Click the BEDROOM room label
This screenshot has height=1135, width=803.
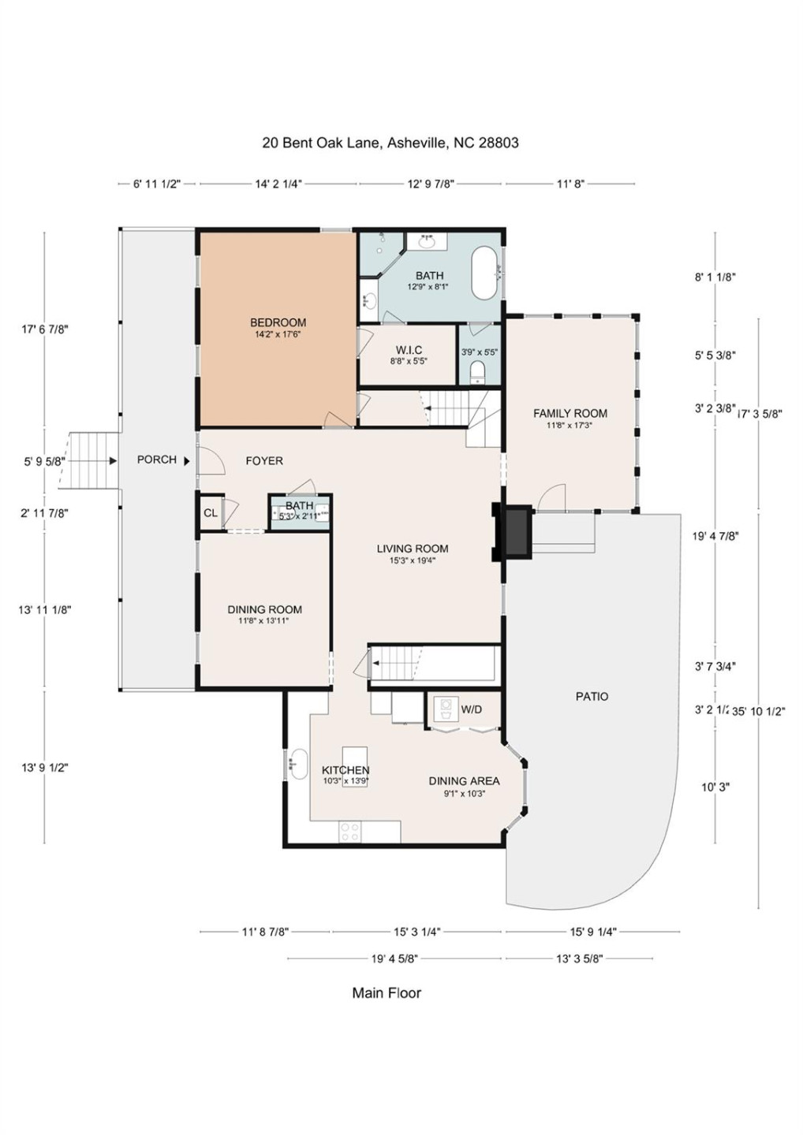click(278, 322)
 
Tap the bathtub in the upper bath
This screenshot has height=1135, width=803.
click(484, 273)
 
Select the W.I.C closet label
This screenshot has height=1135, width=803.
click(409, 350)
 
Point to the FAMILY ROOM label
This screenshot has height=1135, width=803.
click(570, 413)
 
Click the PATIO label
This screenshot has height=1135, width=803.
click(592, 697)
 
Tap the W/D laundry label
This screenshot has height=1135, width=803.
click(471, 709)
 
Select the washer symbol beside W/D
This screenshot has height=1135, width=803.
click(446, 708)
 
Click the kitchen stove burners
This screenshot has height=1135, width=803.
click(350, 831)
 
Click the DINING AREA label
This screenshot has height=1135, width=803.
click(464, 781)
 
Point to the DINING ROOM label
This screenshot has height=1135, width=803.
click(264, 609)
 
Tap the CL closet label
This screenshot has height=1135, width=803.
click(211, 513)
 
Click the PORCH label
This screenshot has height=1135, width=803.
click(156, 460)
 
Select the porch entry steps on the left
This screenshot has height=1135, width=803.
click(92, 460)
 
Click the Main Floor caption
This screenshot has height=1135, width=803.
click(387, 993)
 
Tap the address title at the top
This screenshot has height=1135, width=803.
click(390, 143)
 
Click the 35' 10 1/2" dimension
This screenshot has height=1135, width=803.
click(759, 711)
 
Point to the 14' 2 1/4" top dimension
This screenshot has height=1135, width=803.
click(278, 184)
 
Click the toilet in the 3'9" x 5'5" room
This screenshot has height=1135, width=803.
click(477, 372)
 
